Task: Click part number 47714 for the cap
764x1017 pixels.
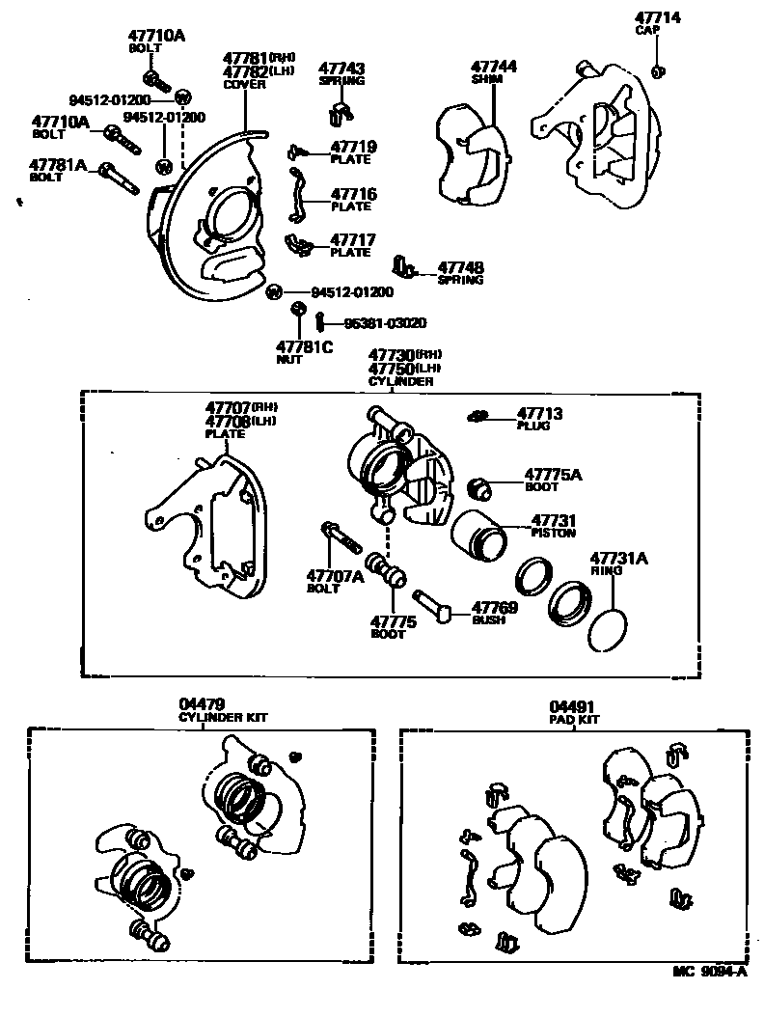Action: coord(657,17)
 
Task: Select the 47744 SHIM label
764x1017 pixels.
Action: coord(494,72)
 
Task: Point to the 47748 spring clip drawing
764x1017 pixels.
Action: coord(405,265)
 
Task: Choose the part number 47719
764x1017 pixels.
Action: coord(353,148)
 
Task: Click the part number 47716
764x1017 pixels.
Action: coord(353,194)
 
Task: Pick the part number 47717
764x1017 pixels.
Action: coord(353,239)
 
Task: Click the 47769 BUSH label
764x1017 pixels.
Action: coord(494,614)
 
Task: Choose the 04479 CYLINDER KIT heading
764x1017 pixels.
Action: coord(223,710)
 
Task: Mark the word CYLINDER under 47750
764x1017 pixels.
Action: coord(400,382)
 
